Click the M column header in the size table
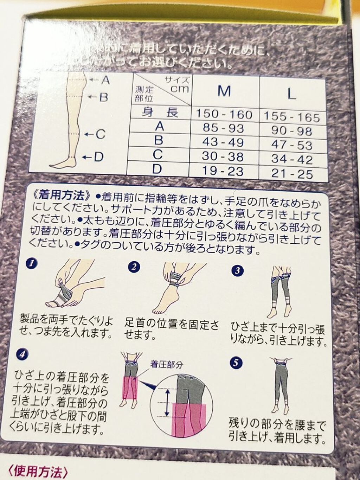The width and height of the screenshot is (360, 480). tap(224, 91)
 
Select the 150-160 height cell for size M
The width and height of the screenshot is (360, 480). tap(224, 114)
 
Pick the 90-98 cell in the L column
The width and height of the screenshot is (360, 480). tap(291, 131)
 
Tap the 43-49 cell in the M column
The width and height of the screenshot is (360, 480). tap(223, 142)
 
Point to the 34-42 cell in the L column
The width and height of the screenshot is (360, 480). tap(291, 159)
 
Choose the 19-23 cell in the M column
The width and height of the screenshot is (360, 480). tap(223, 171)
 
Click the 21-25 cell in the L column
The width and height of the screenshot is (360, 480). tap(292, 174)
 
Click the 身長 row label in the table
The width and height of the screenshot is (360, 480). tap(160, 112)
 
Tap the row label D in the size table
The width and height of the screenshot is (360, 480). tap(157, 169)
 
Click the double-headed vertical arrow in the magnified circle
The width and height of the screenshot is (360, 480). tap(167, 402)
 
